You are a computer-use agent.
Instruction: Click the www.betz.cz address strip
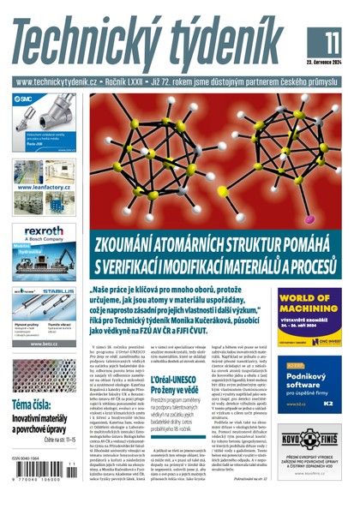point(46,343)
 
